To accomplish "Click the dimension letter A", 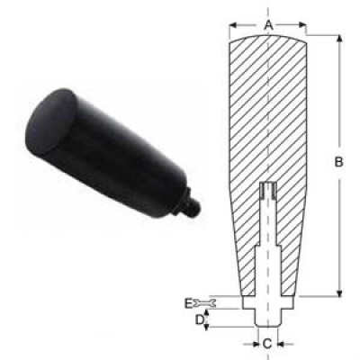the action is pos(269,25).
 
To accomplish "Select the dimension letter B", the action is pos(338,162).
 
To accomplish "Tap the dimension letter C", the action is pos(267,344).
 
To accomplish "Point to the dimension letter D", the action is pos(200,320).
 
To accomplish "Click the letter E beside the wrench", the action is pos(188,303).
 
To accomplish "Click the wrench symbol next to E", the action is pos(204,303).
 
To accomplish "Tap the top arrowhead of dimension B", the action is pos(339,39).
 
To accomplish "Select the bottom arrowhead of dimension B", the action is pos(339,292).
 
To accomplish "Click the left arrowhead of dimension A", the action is pos(234,25).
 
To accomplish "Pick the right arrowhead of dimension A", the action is pos(301,25).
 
